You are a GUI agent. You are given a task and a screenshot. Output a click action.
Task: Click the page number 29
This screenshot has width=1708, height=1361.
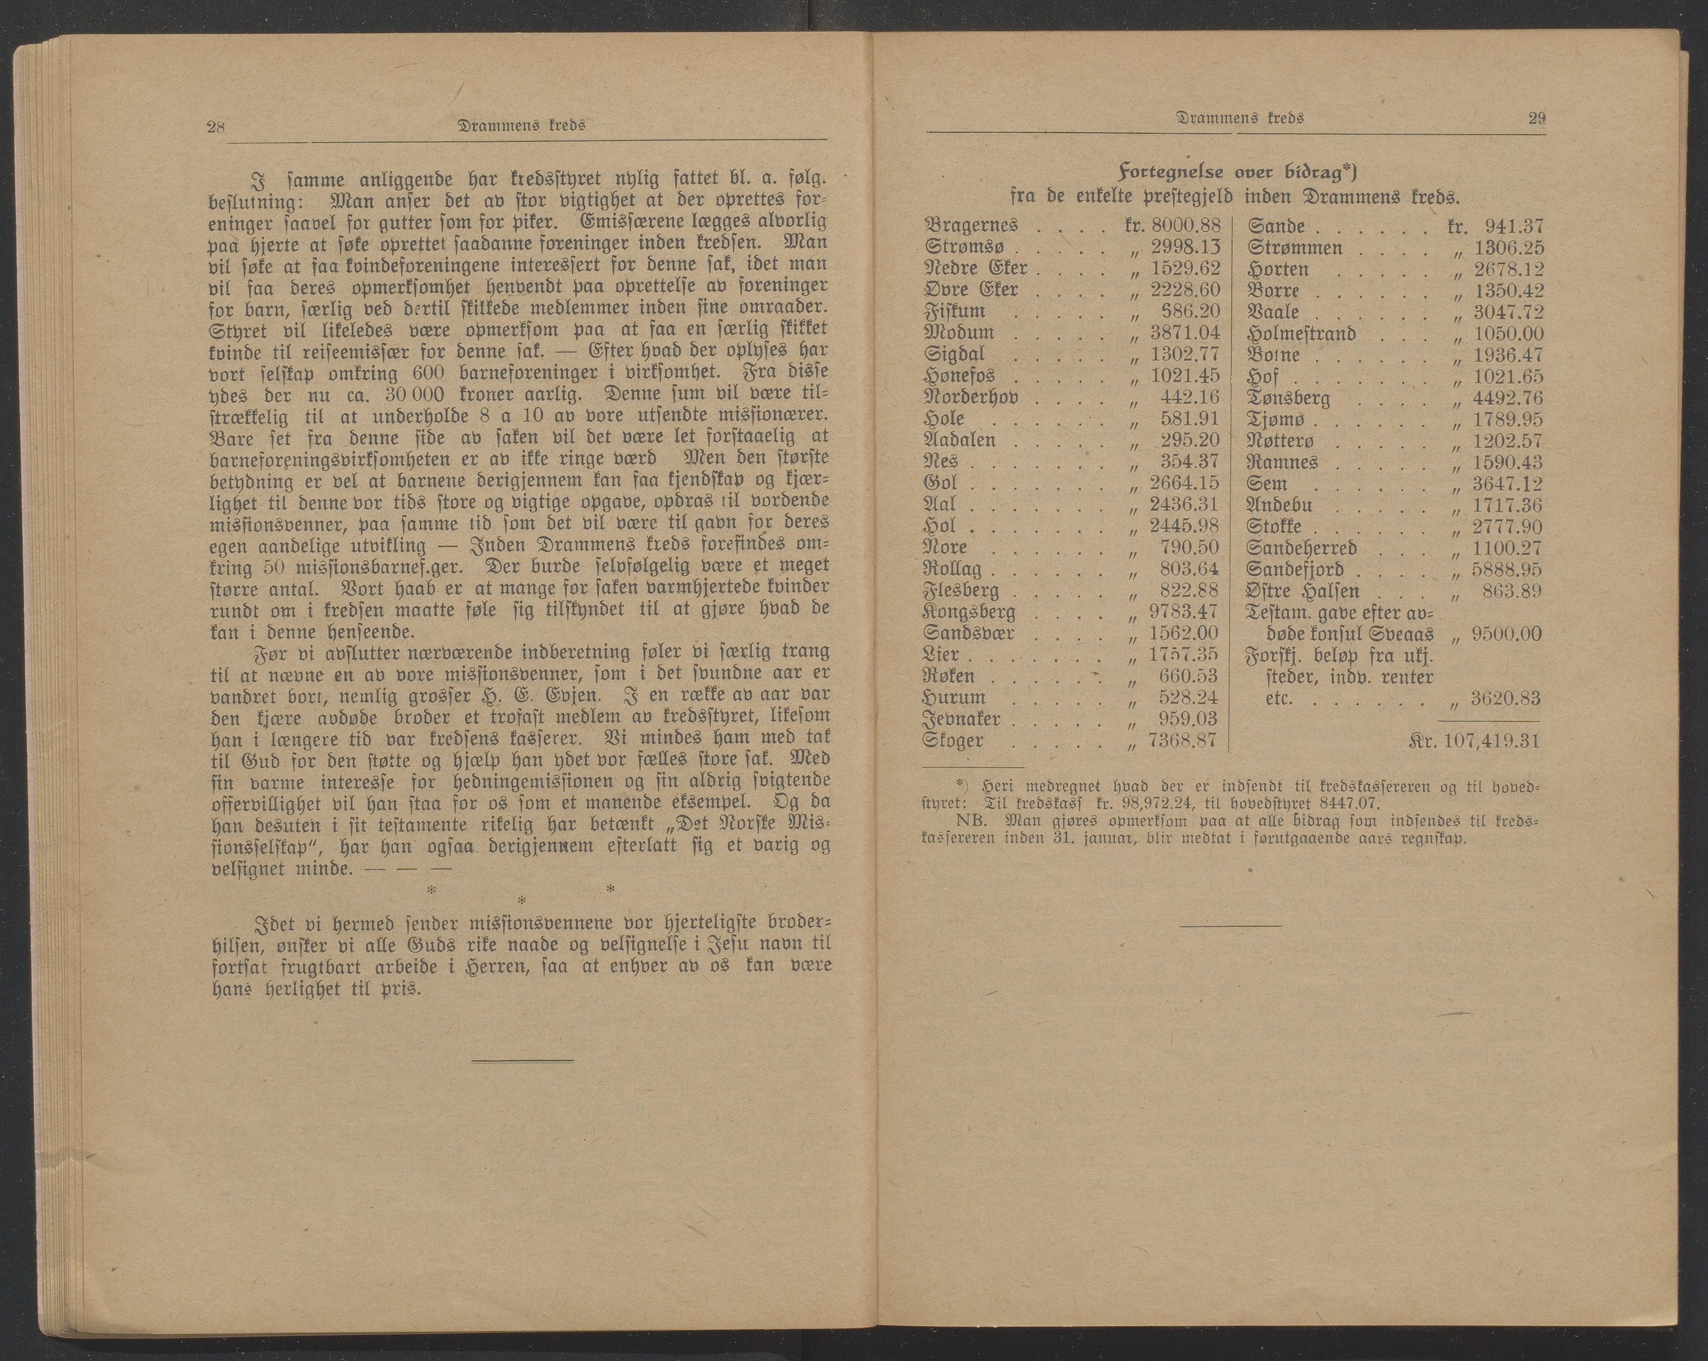tap(1537, 119)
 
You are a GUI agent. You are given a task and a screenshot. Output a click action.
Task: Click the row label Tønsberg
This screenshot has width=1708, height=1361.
tap(1288, 398)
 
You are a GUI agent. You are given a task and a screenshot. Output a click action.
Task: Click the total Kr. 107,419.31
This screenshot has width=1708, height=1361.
tap(1475, 742)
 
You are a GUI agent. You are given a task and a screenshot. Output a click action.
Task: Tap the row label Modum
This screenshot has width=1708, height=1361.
tap(958, 333)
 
